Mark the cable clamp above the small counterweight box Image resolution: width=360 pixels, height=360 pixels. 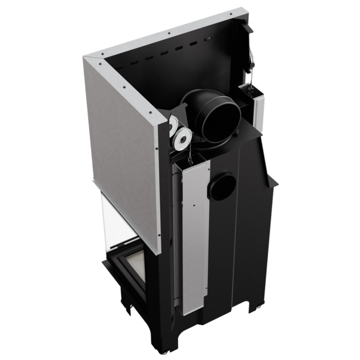[x=251, y=62]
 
